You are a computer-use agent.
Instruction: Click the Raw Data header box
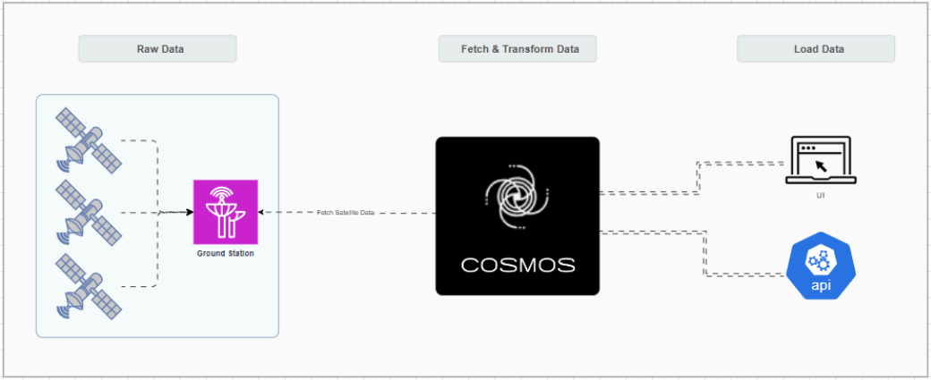157,48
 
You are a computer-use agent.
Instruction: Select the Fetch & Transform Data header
517,48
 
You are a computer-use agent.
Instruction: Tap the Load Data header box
816,48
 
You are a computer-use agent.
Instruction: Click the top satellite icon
88,141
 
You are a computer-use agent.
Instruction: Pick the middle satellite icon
88,212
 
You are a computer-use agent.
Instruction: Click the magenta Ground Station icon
226,212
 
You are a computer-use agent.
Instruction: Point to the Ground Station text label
226,254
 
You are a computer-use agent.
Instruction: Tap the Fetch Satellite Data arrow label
346,213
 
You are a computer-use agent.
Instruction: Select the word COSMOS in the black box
517,266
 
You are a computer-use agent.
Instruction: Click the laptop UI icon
820,161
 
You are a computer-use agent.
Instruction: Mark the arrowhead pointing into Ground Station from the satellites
189,212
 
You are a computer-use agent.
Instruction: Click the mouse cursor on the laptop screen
821,166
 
